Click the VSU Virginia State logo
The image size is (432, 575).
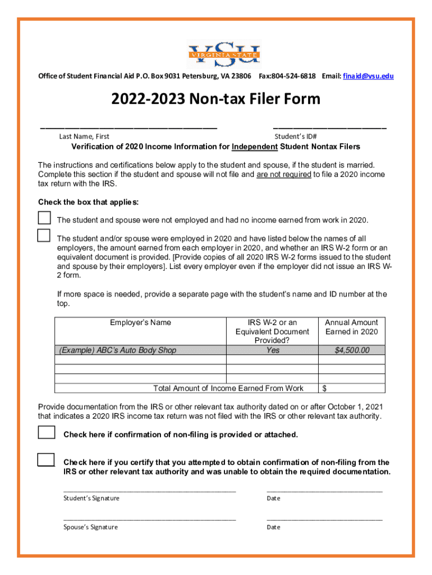tap(223, 54)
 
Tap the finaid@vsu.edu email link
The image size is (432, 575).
tap(368, 76)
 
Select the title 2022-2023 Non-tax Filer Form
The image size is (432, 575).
tap(216, 99)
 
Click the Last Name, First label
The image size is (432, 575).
tap(84, 136)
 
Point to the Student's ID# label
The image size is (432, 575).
tap(296, 136)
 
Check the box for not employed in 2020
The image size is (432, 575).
tap(44, 218)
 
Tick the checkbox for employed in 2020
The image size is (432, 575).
tap(44, 235)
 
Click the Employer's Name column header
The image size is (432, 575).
tap(140, 323)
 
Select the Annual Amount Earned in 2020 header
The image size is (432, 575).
tap(352, 327)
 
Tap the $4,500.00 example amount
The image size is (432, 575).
tap(352, 350)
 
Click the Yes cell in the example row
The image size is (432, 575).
tap(273, 350)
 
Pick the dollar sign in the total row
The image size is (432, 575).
tap(324, 389)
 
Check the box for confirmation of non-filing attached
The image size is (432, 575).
tap(47, 432)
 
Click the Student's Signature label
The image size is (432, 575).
tap(91, 499)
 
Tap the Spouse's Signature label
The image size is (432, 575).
tap(91, 527)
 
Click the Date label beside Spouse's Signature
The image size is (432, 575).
tap(274, 527)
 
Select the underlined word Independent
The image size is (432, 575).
tap(255, 147)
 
